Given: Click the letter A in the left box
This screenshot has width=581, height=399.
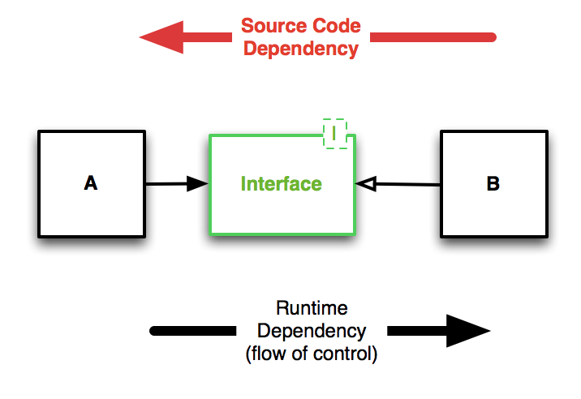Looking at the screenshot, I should click(x=91, y=184).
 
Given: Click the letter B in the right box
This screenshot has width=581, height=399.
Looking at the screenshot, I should click(x=493, y=184).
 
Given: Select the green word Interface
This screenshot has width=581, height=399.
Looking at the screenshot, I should click(x=281, y=184).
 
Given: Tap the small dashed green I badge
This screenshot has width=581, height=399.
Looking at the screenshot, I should click(x=334, y=134).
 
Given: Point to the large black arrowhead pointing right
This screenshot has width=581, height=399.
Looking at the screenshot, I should click(x=466, y=331).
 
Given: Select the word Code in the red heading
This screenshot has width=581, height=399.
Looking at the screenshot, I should click(x=334, y=28).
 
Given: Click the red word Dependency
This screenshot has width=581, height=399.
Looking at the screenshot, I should click(x=301, y=49).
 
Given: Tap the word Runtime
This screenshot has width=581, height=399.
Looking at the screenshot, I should click(x=312, y=309).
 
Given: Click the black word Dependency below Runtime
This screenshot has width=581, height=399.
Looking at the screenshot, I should click(x=312, y=331).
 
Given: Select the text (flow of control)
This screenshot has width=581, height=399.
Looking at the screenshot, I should click(x=312, y=354).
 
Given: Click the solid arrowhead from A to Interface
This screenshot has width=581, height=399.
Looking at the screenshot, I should click(x=197, y=184).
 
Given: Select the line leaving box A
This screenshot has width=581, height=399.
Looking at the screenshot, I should click(x=166, y=184).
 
